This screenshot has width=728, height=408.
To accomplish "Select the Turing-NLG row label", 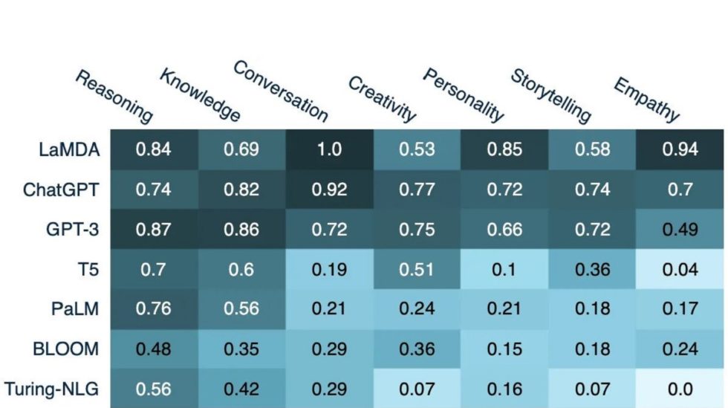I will pyautogui.click(x=52, y=389).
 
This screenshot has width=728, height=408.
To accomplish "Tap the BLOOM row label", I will pyautogui.click(x=66, y=349).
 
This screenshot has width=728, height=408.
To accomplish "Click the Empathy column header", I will pyautogui.click(x=646, y=99).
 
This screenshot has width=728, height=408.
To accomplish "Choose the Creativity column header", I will pyautogui.click(x=383, y=99).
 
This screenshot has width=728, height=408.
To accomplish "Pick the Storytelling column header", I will pyautogui.click(x=550, y=96).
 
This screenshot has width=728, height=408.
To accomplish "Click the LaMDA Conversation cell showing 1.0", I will pyautogui.click(x=329, y=149).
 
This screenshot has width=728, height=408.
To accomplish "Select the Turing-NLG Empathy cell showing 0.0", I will pyautogui.click(x=680, y=389).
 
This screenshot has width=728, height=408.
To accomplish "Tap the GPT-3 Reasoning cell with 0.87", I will pyautogui.click(x=154, y=229).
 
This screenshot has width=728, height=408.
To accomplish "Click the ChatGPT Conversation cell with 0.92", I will pyautogui.click(x=329, y=190).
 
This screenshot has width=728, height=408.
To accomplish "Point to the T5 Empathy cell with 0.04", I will pyautogui.click(x=680, y=269).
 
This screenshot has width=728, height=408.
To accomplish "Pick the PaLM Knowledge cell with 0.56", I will pyautogui.click(x=241, y=309).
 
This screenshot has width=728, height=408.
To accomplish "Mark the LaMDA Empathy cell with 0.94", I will pyautogui.click(x=680, y=149).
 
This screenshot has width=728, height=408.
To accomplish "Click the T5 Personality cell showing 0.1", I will pyautogui.click(x=504, y=269).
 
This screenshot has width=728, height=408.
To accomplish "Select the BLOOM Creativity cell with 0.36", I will pyautogui.click(x=417, y=349).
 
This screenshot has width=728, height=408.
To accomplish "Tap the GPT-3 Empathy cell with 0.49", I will pyautogui.click(x=680, y=229).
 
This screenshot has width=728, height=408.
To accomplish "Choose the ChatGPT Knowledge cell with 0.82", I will pyautogui.click(x=241, y=190).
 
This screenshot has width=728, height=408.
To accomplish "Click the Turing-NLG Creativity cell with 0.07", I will pyautogui.click(x=417, y=389).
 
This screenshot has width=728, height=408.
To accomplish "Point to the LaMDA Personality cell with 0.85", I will pyautogui.click(x=504, y=149).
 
